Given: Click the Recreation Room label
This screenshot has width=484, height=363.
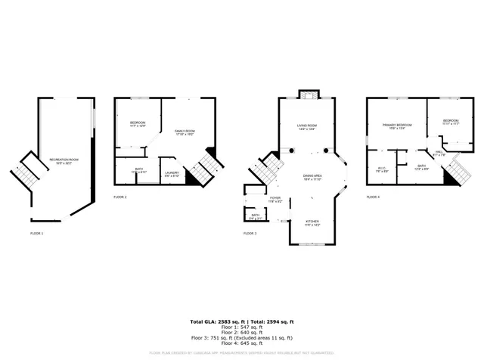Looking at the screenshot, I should pos(64,160).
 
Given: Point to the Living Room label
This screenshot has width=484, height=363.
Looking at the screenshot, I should pos(306,127).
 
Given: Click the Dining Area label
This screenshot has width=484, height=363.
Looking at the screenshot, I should pos(312,178).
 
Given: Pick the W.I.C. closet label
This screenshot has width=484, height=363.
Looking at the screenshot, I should pos(382,170).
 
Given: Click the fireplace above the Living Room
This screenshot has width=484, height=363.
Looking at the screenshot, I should pos(306,95).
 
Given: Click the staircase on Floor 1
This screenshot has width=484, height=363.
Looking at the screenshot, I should pos(26,173).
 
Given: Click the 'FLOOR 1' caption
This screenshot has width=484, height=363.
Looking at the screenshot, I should pos(36,234).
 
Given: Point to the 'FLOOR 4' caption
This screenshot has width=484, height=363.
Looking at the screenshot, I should pos(373,197).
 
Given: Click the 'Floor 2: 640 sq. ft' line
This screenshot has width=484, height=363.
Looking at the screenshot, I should pos(241,332).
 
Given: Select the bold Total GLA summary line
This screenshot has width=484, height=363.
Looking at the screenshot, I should pos(241,321).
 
